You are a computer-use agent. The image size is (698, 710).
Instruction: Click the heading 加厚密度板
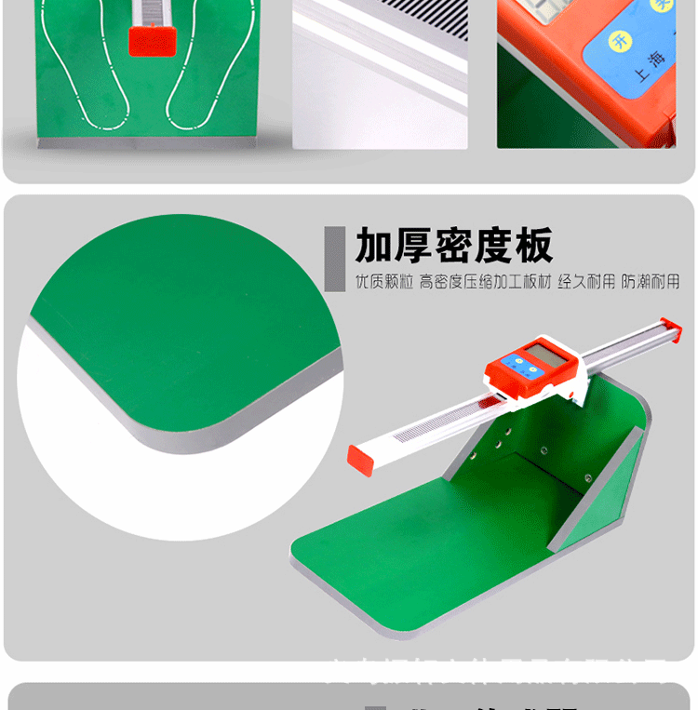[x=454, y=246]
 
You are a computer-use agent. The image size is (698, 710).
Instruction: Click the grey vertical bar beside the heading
[x=329, y=258]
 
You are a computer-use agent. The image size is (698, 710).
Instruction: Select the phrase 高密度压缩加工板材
[x=485, y=282]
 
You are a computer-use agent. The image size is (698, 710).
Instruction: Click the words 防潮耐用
[x=651, y=282]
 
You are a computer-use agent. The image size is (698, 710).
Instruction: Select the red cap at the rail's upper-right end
[x=670, y=327]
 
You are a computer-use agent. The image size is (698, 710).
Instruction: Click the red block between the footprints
[x=152, y=39]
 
